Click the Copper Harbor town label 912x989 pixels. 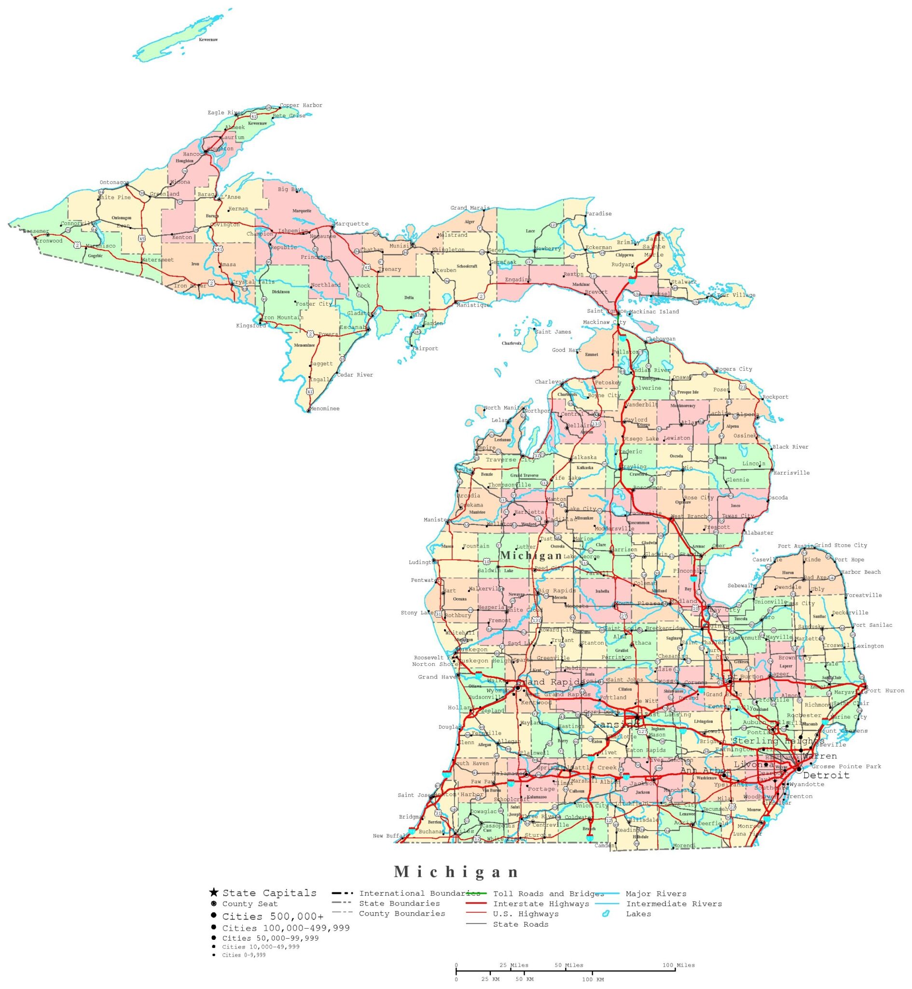[x=301, y=105]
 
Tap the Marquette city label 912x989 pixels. [x=351, y=224]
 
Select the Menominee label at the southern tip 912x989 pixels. [x=324, y=409]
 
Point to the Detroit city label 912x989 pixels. [x=826, y=776]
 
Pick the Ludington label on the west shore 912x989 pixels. [x=422, y=562]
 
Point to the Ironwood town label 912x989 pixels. [x=49, y=241]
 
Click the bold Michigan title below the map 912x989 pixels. [x=456, y=872]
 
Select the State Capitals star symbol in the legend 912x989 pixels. [x=214, y=892]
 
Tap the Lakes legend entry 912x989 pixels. [x=638, y=914]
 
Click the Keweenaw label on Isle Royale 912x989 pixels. [x=208, y=40]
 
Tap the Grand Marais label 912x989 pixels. [x=470, y=208]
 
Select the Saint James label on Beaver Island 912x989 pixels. [x=553, y=332]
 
